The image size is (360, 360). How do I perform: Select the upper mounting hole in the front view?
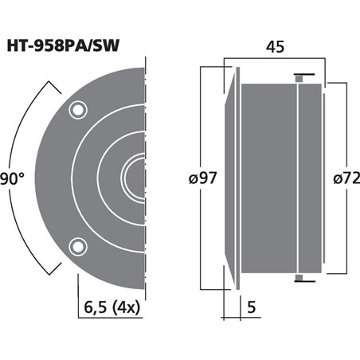pyautogui.click(x=77, y=108)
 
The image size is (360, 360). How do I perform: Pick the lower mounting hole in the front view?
pyautogui.click(x=77, y=244)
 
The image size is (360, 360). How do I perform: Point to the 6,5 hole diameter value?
pyautogui.click(x=96, y=304)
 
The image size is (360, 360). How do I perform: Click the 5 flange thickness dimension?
pyautogui.click(x=252, y=304)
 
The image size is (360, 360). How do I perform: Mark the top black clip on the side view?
pyautogui.click(x=299, y=77)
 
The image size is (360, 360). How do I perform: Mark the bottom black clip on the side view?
pyautogui.click(x=299, y=276)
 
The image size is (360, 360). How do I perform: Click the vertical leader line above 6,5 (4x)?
pyautogui.click(x=78, y=275)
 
